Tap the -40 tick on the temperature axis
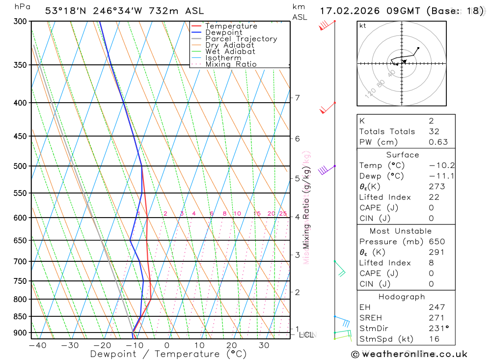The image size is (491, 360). point(37,345)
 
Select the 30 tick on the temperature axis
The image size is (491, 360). point(264,345)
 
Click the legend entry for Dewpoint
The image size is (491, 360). point(223,32)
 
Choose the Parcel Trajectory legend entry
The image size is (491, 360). point(241,39)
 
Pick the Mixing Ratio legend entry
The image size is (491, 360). point(231,64)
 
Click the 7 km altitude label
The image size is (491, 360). point(297,98)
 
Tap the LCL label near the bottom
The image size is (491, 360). point(306,334)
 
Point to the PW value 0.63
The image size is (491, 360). point(438,142)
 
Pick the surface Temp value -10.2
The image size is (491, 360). point(441,166)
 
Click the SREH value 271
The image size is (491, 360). point(436,318)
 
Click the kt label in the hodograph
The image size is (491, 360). point(363,26)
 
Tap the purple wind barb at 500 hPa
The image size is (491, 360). point(323,170)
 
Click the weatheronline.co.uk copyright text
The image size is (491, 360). point(409,354)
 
